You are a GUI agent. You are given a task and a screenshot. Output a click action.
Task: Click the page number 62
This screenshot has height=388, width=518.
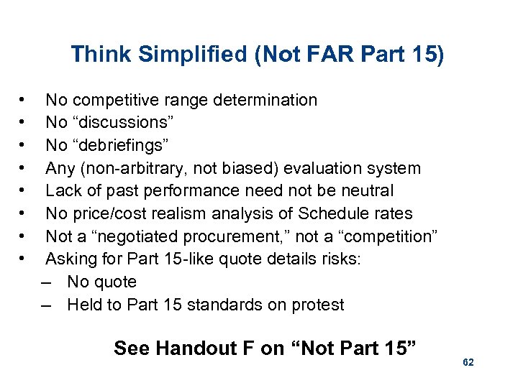[x=468, y=364]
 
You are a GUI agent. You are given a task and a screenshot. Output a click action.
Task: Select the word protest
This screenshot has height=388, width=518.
[x=317, y=305]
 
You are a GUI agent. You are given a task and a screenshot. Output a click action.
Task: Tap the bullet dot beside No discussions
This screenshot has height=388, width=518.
[x=24, y=123]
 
